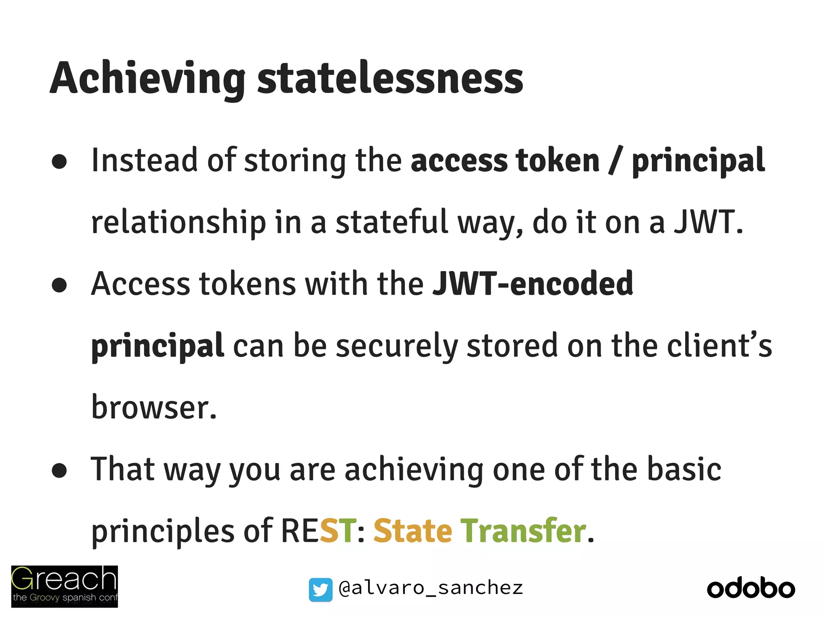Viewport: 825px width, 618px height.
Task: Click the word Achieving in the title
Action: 147,78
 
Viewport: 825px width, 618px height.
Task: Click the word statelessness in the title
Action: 390,78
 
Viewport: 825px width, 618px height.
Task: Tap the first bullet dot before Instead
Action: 59,162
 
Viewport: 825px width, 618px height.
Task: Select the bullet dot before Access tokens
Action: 59,285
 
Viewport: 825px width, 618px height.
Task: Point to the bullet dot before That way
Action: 59,470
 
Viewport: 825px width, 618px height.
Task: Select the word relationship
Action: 178,222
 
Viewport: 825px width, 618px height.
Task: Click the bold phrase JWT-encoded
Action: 533,284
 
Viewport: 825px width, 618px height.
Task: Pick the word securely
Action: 397,346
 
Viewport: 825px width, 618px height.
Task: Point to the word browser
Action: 154,407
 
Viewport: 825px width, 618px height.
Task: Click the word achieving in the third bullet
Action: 414,470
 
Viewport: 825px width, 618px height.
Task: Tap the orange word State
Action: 412,531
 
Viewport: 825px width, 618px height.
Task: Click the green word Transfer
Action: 523,531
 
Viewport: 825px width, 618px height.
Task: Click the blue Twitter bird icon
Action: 321,589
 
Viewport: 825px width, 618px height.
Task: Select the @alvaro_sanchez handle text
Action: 431,588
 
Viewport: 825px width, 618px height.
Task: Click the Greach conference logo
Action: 64,586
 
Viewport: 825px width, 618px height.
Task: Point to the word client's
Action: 719,346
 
